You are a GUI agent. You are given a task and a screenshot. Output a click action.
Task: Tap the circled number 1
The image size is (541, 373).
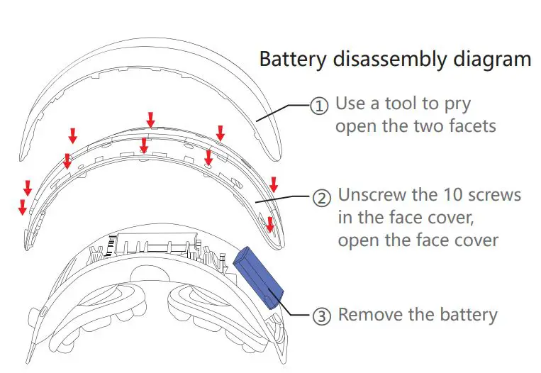[x=320, y=106]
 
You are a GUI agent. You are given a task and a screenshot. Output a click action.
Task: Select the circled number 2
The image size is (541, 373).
[x=322, y=196]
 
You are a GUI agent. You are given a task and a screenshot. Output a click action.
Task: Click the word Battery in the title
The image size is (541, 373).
[x=289, y=59]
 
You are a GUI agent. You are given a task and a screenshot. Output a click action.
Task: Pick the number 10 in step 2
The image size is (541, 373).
[x=455, y=194]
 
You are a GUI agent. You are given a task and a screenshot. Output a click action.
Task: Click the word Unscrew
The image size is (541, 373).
[x=373, y=194]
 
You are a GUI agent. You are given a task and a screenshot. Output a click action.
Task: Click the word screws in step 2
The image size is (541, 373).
[x=497, y=194]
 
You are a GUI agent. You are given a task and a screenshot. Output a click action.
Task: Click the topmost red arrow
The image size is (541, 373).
[x=150, y=119]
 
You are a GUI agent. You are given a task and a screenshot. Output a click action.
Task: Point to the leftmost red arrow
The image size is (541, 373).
[x=22, y=206]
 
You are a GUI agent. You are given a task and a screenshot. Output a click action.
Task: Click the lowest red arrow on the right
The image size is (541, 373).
[x=269, y=225]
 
